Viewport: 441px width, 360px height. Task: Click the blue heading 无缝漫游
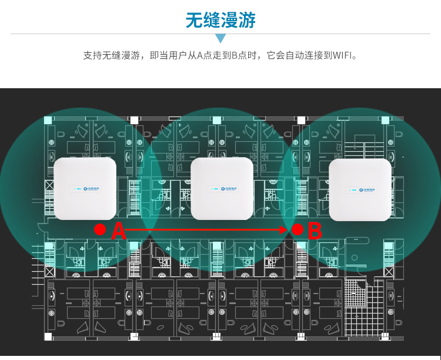coord(220,20)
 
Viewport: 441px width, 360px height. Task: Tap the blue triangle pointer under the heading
coord(220,39)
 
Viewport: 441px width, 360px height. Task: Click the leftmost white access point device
coord(85,188)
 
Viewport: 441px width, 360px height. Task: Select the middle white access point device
coord(221,188)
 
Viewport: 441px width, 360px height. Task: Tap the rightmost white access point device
coord(360,188)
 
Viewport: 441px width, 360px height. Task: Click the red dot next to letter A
coord(100,228)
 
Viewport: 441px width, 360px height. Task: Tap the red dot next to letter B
coord(298,229)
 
